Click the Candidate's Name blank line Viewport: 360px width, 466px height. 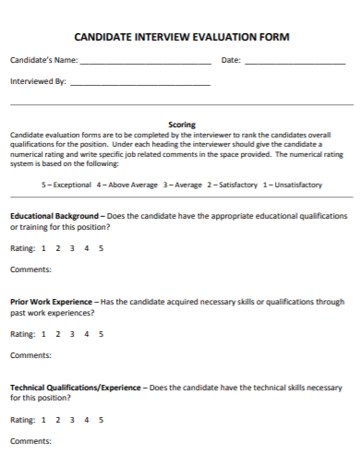pos(145,63)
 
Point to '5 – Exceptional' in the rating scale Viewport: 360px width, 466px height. pos(66,185)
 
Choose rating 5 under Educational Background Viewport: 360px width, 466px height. pos(101,248)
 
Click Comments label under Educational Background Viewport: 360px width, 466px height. pos(30,269)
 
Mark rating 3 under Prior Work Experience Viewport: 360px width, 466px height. pos(72,334)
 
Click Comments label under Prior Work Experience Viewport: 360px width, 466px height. pos(30,355)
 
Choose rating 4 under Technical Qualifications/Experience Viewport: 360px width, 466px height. pos(87,420)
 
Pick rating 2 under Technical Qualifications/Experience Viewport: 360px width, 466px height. pos(57,420)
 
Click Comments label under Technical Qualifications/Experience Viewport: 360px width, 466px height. pos(30,441)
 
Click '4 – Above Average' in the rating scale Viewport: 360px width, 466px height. pos(126,185)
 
